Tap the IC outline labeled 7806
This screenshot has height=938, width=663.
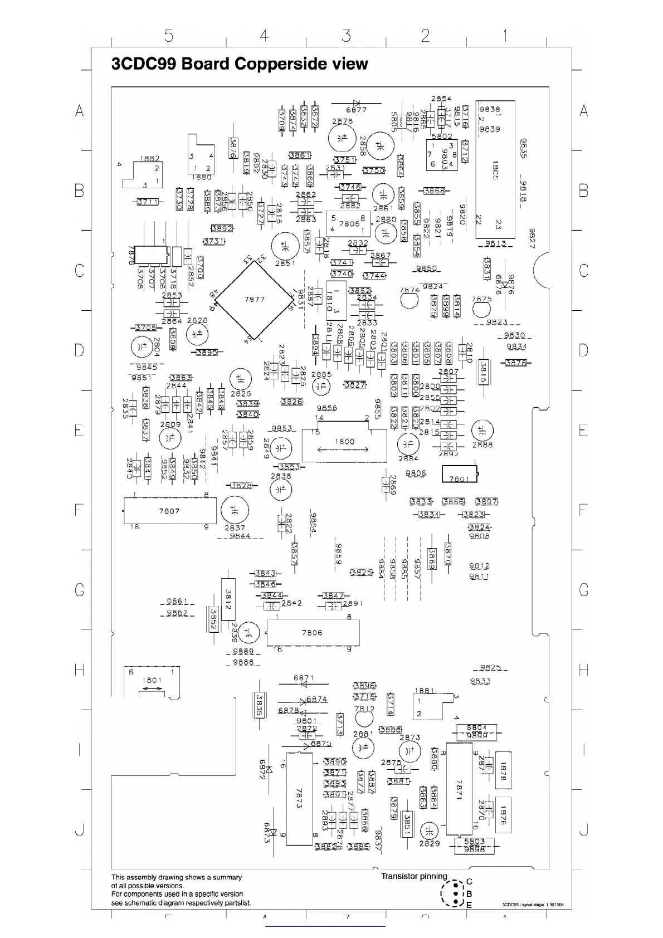(312, 632)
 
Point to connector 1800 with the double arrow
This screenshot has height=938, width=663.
(344, 445)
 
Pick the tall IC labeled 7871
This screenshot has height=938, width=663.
(459, 789)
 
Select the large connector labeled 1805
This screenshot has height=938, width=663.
(495, 169)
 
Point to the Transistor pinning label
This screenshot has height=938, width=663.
(414, 876)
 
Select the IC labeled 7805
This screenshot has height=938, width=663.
(349, 223)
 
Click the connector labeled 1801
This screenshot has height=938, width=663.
(152, 681)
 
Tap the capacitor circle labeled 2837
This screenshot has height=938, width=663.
(235, 511)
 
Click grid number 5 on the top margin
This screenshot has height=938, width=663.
(169, 36)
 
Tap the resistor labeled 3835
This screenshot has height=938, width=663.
(259, 706)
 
